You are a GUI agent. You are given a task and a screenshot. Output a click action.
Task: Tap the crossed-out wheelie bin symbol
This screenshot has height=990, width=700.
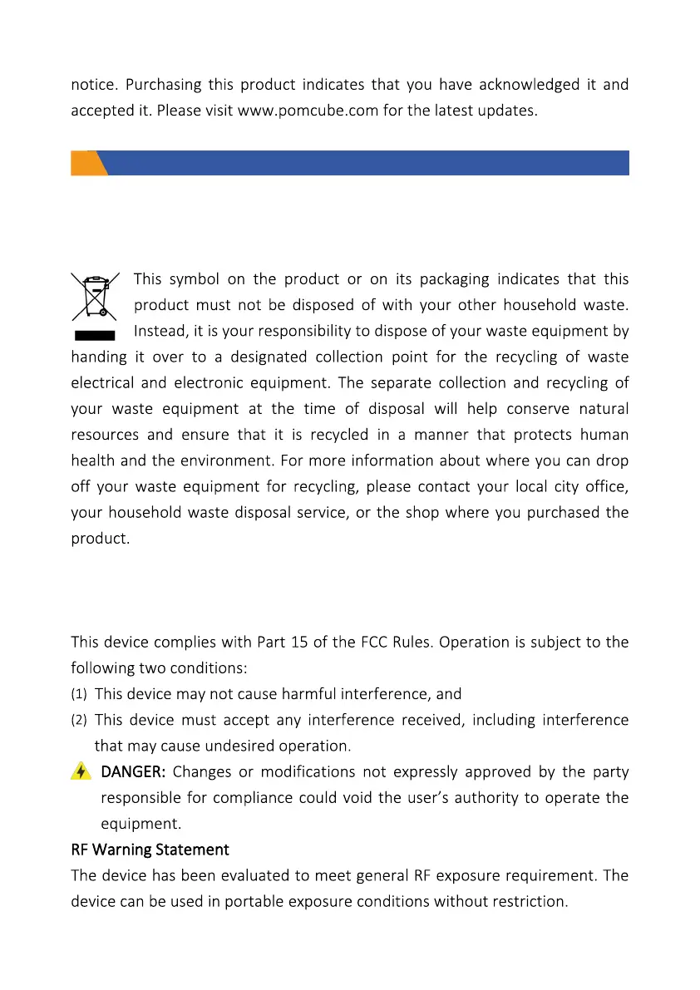pyautogui.click(x=94, y=297)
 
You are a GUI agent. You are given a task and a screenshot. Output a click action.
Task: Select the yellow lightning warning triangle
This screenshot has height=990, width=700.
pyautogui.click(x=81, y=771)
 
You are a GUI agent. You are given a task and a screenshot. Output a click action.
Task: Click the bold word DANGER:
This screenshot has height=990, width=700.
pyautogui.click(x=133, y=771)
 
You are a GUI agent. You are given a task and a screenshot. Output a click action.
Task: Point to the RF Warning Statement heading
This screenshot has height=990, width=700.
pyautogui.click(x=150, y=850)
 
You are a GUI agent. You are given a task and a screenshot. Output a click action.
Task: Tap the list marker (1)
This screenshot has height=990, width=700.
pyautogui.click(x=79, y=694)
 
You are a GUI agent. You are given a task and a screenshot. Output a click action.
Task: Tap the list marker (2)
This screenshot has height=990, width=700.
pyautogui.click(x=79, y=720)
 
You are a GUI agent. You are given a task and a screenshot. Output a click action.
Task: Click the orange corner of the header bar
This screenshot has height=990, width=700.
pyautogui.click(x=86, y=163)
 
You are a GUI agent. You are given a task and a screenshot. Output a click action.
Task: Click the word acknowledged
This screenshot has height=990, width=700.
pyautogui.click(x=529, y=84)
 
